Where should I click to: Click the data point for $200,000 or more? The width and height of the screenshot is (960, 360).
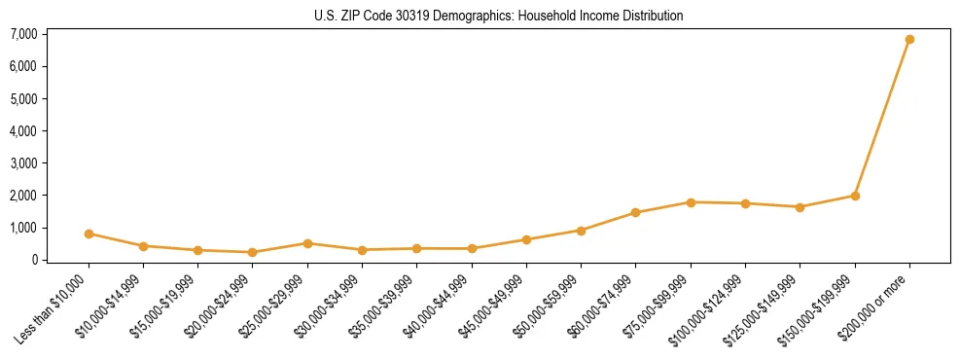pyautogui.click(x=909, y=40)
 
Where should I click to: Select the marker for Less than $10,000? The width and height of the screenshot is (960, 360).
pyautogui.click(x=89, y=234)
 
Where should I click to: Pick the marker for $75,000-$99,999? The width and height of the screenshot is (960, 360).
pyautogui.click(x=691, y=202)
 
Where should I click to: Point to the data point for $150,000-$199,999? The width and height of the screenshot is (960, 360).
pyautogui.click(x=855, y=196)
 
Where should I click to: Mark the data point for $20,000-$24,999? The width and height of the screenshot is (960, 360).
pyautogui.click(x=253, y=252)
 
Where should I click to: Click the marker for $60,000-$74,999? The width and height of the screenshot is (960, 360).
pyautogui.click(x=635, y=212)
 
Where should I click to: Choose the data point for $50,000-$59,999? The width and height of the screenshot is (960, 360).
pyautogui.click(x=581, y=231)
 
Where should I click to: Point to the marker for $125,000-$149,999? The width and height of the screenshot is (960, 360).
pyautogui.click(x=800, y=207)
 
